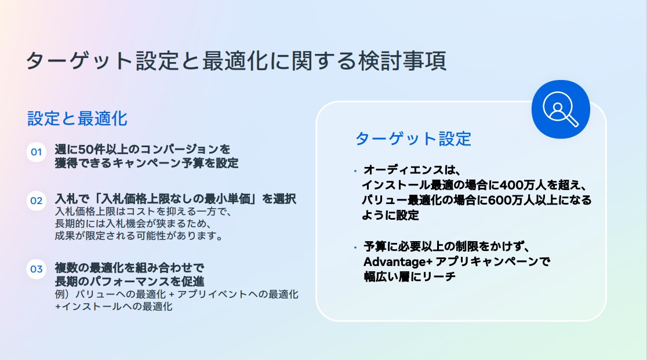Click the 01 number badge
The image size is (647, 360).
(37, 152)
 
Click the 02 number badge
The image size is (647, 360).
(37, 201)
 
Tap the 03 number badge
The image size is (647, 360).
(37, 269)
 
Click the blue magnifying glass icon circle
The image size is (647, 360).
(561, 110)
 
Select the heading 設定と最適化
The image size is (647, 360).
(77, 119)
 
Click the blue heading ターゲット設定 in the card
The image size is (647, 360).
(413, 139)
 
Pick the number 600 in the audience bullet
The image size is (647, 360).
(501, 200)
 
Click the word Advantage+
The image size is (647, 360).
(397, 262)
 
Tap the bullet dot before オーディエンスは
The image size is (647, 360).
(355, 170)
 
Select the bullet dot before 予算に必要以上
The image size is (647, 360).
(355, 248)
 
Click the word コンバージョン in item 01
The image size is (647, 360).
(179, 149)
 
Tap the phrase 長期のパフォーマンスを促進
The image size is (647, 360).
(129, 281)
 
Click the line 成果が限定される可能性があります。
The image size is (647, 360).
(139, 236)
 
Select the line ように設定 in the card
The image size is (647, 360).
(390, 215)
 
